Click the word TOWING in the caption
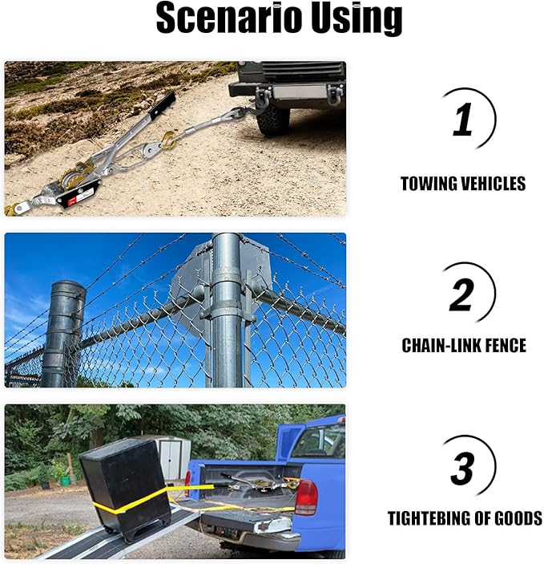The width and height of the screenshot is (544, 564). (429, 185)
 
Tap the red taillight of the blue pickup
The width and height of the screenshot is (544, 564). (305, 497)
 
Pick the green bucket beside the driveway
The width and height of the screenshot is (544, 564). (65, 480)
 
